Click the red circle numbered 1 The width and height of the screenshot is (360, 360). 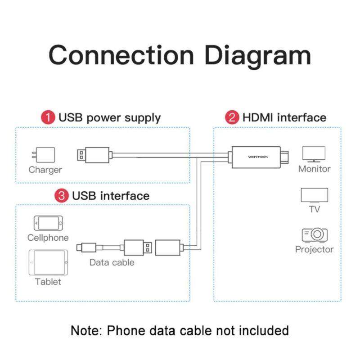pyautogui.click(x=49, y=118)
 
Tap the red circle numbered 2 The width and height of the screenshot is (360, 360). pyautogui.click(x=232, y=118)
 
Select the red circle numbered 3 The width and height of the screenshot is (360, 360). pyautogui.click(x=61, y=196)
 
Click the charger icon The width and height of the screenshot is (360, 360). pyautogui.click(x=45, y=156)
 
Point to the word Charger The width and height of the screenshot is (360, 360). pyautogui.click(x=45, y=170)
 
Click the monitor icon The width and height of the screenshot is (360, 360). pyautogui.click(x=314, y=154)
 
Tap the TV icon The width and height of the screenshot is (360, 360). pyautogui.click(x=314, y=196)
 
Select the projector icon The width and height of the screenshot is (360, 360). pyautogui.click(x=314, y=234)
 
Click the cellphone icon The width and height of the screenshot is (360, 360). pyautogui.click(x=48, y=223)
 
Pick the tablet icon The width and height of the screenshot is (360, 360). pyautogui.click(x=48, y=263)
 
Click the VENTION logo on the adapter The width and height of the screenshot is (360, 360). pyautogui.click(x=257, y=157)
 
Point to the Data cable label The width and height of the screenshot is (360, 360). pyautogui.click(x=112, y=262)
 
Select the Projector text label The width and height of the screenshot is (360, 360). pyautogui.click(x=314, y=249)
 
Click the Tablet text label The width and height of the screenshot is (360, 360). pyautogui.click(x=48, y=282)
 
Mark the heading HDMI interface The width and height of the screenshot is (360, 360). pyautogui.click(x=284, y=118)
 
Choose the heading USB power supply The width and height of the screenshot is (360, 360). pyautogui.click(x=109, y=118)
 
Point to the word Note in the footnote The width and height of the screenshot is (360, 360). pyautogui.click(x=86, y=330)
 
